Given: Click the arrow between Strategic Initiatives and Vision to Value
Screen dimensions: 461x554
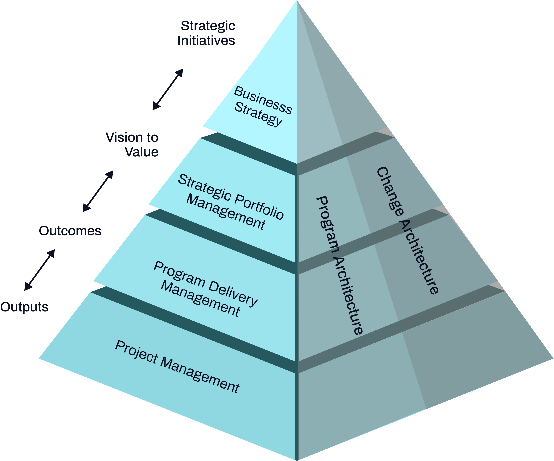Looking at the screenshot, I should pos(168,89).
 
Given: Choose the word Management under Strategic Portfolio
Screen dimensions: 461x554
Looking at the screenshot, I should pos(226,213).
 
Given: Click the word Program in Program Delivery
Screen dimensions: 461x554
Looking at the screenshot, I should pos(179,275).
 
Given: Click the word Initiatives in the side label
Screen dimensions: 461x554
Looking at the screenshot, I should pos(206,41).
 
